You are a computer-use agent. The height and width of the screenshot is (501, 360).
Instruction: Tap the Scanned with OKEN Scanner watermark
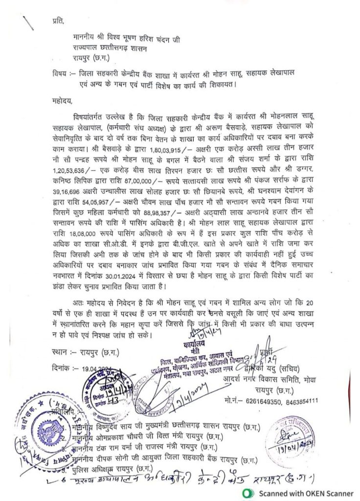[x=300, y=493]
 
